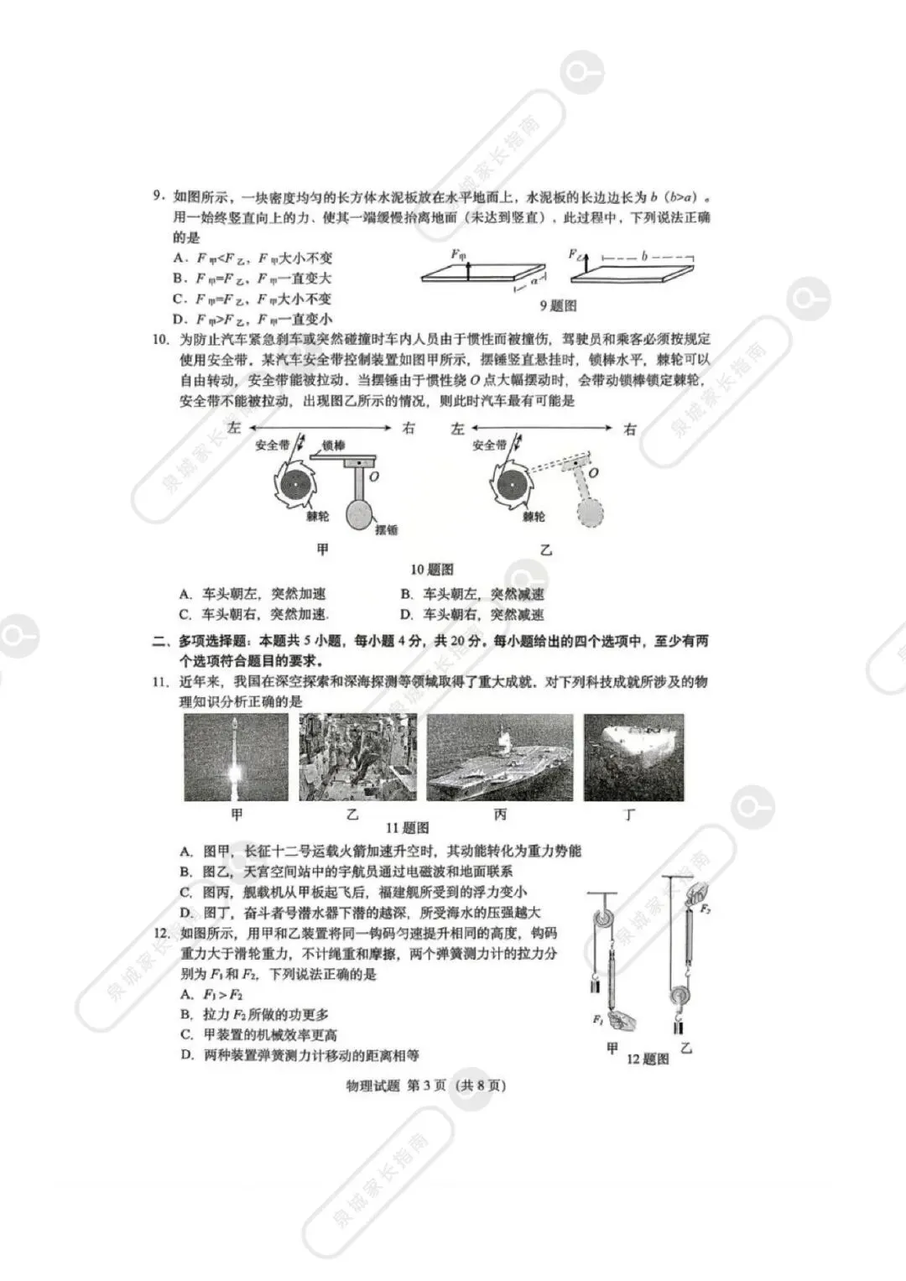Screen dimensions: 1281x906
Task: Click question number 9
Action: (158, 197)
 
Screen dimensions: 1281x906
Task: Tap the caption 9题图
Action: (558, 306)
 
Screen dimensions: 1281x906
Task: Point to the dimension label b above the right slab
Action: (644, 255)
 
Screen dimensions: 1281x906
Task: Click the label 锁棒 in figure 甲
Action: (334, 445)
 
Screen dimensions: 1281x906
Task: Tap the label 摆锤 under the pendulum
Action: (387, 530)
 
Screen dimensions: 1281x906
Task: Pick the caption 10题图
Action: (432, 570)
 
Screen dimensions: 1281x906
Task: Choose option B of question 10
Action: (472, 594)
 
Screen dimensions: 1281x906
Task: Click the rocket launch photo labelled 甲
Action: (236, 758)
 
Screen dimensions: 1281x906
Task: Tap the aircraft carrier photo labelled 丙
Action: (500, 758)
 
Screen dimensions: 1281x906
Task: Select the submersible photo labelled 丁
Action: (633, 758)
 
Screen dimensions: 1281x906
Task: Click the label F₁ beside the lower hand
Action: (598, 1019)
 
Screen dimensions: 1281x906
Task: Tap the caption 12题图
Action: (648, 1059)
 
